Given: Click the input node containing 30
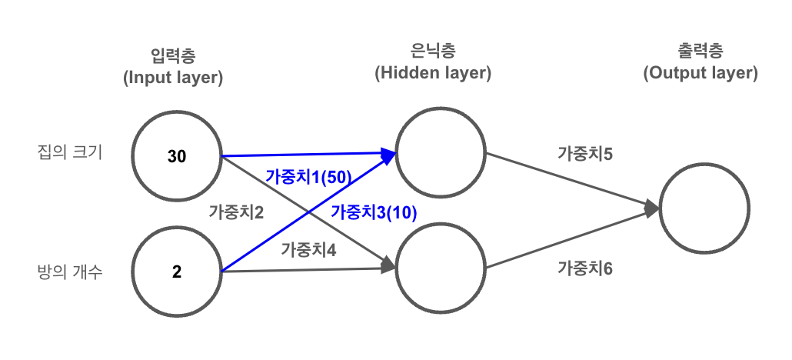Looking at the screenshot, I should click(177, 157).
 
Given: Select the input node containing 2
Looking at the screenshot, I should click(177, 271).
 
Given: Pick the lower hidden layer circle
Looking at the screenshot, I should click(441, 268).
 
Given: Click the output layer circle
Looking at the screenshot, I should click(704, 208).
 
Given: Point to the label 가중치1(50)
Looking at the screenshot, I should click(308, 176).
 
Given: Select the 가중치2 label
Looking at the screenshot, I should click(236, 213).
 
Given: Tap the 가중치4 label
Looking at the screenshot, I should click(308, 249).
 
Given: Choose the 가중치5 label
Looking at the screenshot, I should click(584, 153).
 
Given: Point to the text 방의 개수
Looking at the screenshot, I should click(69, 272).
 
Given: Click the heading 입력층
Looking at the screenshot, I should click(173, 55).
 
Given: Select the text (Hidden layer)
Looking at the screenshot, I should click(433, 73).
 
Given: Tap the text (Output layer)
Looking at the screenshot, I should click(700, 73).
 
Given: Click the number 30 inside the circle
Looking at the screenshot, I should click(177, 157).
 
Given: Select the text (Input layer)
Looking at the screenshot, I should click(173, 77).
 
